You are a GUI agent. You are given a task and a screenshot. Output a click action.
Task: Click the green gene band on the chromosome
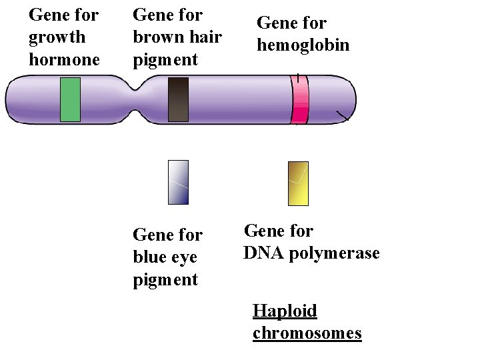[x=70, y=99]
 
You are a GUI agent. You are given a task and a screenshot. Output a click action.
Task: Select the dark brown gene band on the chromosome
[x=178, y=99]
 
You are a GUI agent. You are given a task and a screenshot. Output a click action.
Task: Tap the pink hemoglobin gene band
[x=300, y=100]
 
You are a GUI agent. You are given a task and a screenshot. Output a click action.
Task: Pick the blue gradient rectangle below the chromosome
[x=178, y=182]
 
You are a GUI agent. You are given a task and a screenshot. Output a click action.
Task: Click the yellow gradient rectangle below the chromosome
[x=298, y=183]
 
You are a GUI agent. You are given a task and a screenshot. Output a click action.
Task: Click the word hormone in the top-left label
[x=64, y=59]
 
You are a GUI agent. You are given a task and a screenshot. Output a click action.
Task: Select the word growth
[x=57, y=37]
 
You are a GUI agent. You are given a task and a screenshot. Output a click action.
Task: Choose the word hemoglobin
[x=303, y=45]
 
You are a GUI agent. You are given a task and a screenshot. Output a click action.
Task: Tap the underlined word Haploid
[x=285, y=311]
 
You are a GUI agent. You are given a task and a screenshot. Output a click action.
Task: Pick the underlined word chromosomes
[x=307, y=333]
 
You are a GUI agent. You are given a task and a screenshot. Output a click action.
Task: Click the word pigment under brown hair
[x=165, y=61]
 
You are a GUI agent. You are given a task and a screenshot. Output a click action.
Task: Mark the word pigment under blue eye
[x=165, y=281]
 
